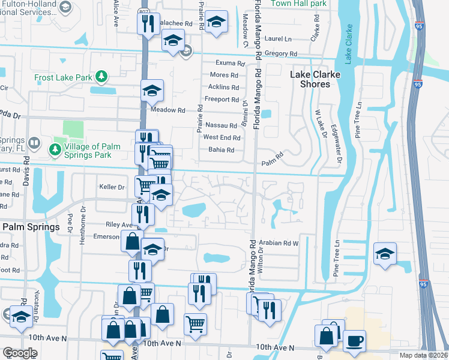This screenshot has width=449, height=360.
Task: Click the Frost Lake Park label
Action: pos(62,77)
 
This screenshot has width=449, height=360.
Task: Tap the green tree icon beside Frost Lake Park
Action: pos(102,76)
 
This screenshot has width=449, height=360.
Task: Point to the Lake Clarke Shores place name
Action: pos(315,79)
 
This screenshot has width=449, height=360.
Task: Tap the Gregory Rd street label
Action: pos(276,54)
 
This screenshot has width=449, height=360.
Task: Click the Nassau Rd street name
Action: pos(221,125)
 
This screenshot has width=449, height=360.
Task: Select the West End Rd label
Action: pos(221,137)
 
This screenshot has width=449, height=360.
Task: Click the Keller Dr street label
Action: pos(112,187)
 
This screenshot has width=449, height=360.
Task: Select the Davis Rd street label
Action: pos(26,172)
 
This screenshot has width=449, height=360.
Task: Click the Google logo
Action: pos(20,353)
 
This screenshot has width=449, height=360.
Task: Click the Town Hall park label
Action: pos(298,4)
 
